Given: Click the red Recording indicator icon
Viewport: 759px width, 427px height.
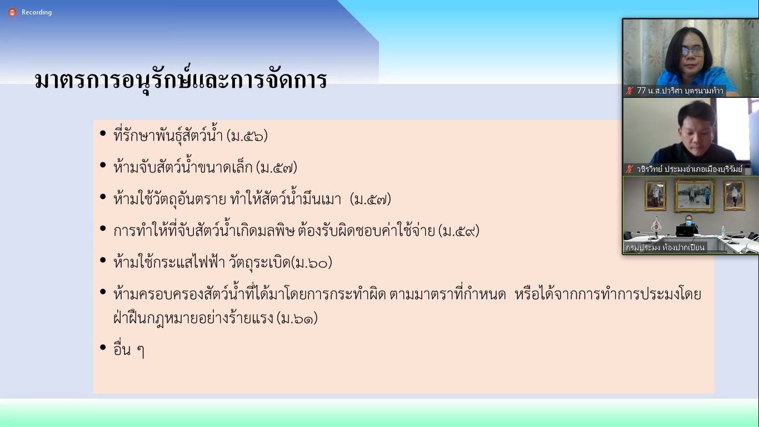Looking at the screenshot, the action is point(12,13).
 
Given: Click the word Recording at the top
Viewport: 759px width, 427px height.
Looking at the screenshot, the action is point(37,12).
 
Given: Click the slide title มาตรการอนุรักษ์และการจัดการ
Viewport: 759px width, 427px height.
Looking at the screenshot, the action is point(181,80).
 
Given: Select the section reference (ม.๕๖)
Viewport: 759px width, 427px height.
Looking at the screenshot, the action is point(247,136).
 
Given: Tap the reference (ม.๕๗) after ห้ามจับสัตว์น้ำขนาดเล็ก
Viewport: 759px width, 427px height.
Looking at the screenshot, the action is point(277,167).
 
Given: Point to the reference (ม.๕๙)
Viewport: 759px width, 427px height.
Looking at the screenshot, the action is point(459,231).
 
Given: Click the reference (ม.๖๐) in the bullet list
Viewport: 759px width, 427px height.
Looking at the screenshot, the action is point(312,262).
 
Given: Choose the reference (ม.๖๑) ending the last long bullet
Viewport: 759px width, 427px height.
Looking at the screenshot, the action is point(297,318).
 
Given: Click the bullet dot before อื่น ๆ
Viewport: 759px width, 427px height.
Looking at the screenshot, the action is point(103,347).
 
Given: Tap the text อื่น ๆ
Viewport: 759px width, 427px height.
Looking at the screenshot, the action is point(129,349).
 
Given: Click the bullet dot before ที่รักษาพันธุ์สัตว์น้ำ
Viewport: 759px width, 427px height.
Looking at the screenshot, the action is point(103,133).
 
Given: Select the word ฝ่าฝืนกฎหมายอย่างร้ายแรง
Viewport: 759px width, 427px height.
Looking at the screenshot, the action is point(193,317).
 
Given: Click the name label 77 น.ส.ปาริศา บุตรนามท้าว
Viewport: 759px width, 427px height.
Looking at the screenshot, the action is point(680,91).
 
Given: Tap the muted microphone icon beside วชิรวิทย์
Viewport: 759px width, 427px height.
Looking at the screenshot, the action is point(630,169).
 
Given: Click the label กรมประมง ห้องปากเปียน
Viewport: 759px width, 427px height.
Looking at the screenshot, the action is point(665,247).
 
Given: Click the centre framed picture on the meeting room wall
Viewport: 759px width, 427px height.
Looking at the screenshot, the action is point(695,196).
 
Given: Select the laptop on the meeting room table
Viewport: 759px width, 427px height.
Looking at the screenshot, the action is point(686,231).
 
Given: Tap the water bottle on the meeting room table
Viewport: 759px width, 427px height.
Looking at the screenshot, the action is point(723,231).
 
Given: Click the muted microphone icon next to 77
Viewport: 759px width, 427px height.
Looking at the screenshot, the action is point(630,91).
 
